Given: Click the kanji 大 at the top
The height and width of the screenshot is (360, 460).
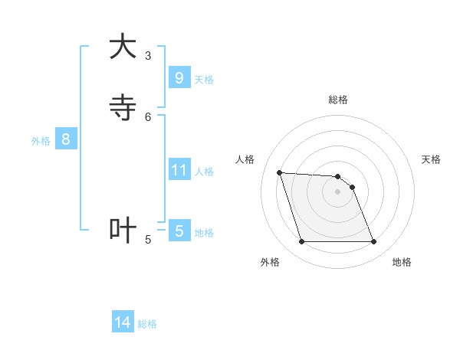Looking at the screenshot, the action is click(123, 47).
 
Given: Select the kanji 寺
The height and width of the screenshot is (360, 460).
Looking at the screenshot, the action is click(123, 108).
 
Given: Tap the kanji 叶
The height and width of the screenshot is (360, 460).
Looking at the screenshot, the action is click(123, 231).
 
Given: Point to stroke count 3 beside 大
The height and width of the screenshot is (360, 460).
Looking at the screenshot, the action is click(148, 56).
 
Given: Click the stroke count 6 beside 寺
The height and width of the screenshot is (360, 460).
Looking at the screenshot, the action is click(148, 117).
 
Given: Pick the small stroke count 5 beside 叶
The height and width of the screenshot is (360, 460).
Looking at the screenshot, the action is click(148, 240).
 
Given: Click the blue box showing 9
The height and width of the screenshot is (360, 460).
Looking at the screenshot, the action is click(179, 78).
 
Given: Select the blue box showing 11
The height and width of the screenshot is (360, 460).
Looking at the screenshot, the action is click(179, 170).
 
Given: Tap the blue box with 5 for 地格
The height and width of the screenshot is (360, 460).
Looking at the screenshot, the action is click(179, 231).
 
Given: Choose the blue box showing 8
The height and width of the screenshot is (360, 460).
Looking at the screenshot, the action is click(66, 139).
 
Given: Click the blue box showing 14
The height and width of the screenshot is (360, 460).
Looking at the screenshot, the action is click(123, 323).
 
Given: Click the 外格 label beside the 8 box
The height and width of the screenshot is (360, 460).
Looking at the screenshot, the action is click(41, 141).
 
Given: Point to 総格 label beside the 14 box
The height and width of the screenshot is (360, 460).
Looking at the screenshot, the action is click(147, 324).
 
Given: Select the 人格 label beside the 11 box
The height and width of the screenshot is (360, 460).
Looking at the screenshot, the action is click(205, 172).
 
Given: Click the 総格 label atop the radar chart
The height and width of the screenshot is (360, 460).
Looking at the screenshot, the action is click(338, 100).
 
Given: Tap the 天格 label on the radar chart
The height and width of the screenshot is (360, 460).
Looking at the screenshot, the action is click(431, 159).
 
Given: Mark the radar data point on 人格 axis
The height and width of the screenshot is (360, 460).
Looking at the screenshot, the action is click(279, 172).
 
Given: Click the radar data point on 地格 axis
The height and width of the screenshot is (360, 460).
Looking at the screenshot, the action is click(374, 242).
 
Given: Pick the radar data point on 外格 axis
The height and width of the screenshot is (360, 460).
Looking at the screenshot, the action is click(301, 242).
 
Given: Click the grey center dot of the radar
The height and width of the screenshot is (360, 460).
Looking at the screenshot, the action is click(338, 191).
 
